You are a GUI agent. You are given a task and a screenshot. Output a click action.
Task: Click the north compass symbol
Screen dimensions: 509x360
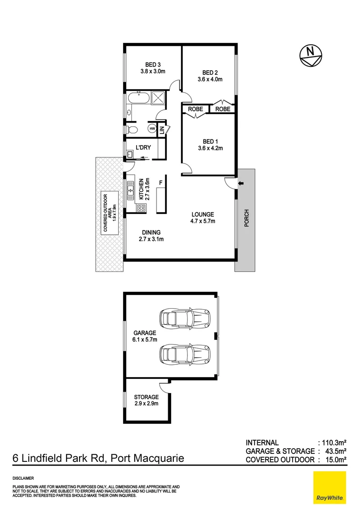(x=311, y=55)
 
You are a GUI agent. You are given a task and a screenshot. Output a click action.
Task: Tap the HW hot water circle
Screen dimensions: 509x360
(x=152, y=129)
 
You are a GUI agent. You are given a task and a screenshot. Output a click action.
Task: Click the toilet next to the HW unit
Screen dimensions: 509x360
(x=133, y=129)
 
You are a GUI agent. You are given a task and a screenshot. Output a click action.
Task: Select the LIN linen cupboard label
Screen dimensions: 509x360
(x=162, y=129)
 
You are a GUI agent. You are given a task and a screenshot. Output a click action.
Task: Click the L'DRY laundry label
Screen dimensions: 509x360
(x=143, y=148)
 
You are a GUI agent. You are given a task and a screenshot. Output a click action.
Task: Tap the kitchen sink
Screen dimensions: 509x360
(x=131, y=190)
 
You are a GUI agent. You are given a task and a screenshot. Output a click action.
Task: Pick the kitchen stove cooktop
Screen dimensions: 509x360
(x=140, y=208)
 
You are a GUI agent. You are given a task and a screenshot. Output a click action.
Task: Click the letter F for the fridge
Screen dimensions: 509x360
(x=161, y=182)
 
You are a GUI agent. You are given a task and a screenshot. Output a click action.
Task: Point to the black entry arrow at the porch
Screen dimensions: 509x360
(x=240, y=183)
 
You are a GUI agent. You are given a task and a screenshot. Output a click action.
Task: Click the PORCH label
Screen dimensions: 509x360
(x=246, y=218)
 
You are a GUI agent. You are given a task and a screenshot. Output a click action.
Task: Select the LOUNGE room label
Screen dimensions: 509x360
(x=203, y=214)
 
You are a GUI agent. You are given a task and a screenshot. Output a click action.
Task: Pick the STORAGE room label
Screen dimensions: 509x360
(x=146, y=397)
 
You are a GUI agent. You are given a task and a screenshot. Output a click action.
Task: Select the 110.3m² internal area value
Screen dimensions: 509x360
(x=334, y=443)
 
